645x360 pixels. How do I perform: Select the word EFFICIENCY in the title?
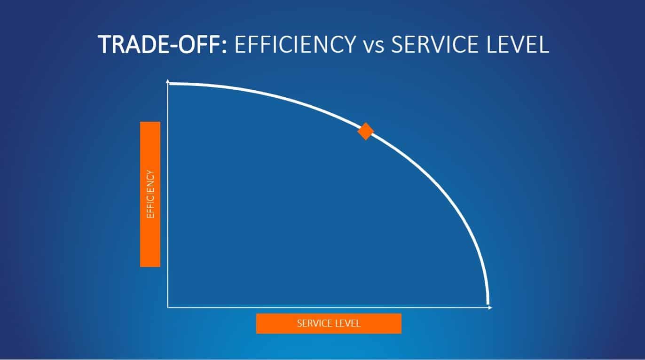[295, 44]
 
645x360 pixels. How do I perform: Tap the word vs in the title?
[373, 47]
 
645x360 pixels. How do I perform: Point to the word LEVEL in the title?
[518, 44]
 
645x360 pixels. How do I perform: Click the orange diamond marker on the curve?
[366, 131]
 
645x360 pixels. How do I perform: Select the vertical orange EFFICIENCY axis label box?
[150, 194]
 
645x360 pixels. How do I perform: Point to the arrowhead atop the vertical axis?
[168, 81]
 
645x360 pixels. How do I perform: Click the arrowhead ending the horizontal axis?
[490, 308]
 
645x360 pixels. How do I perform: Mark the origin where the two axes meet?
[168, 308]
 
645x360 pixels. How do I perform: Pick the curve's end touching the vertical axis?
[169, 84]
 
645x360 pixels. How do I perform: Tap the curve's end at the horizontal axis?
[488, 304]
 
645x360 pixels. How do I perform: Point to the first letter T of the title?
[104, 45]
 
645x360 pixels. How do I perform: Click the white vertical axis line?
[168, 194]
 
